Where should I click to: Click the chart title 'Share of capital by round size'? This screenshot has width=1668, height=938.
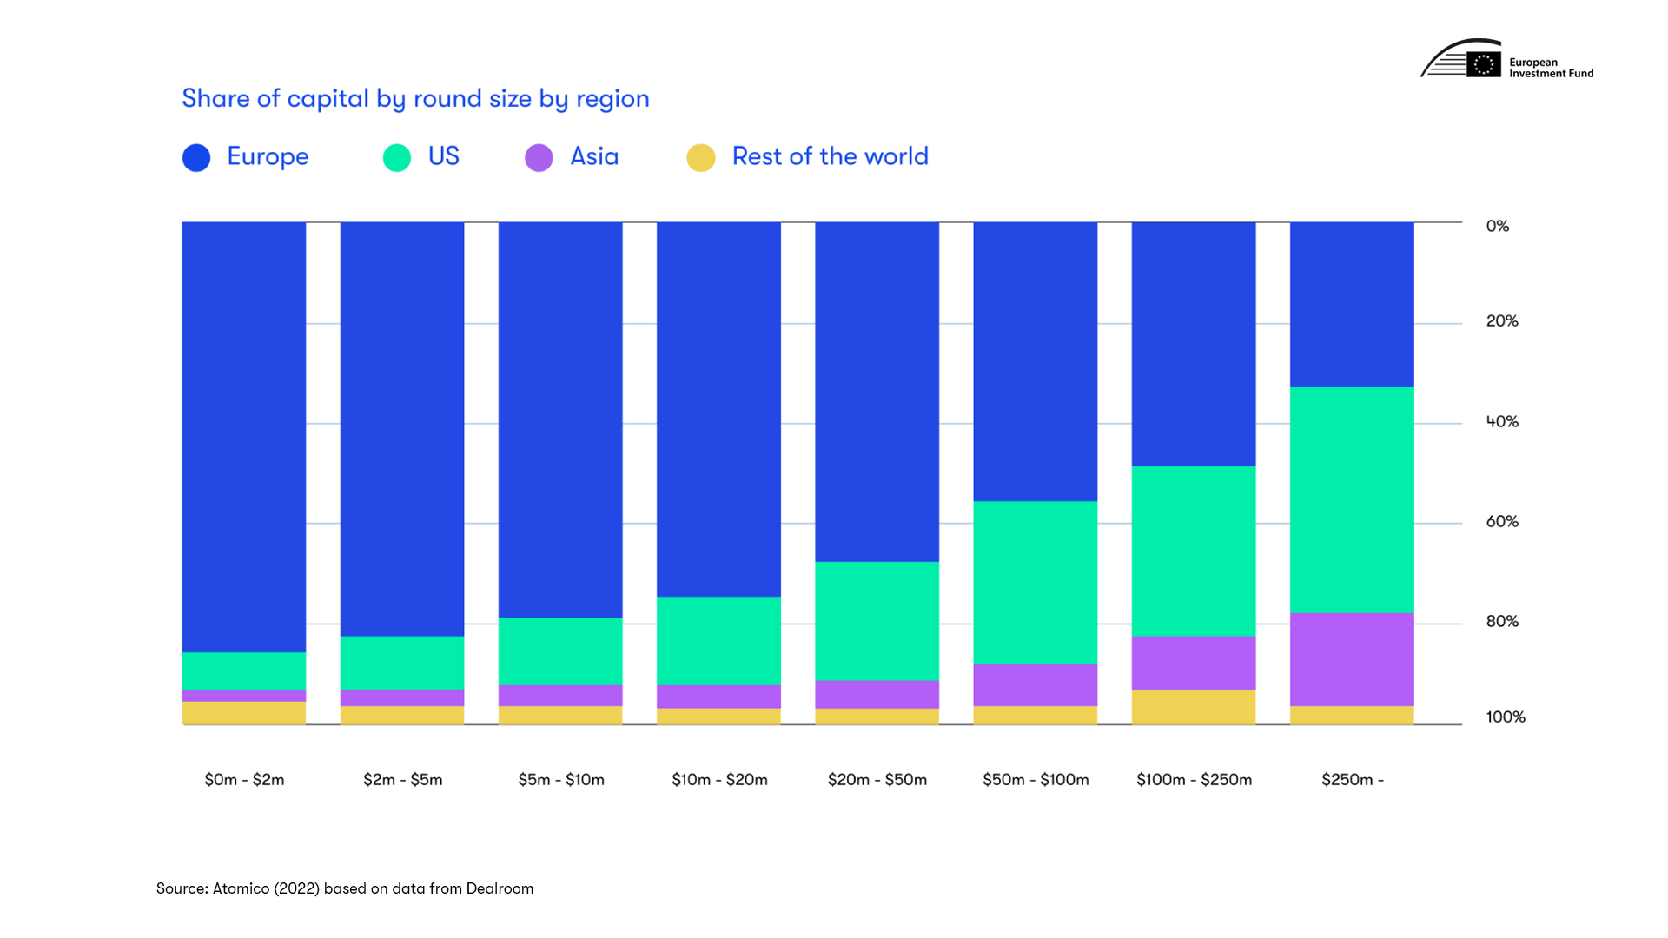click(x=415, y=99)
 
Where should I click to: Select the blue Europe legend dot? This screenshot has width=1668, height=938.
click(x=196, y=157)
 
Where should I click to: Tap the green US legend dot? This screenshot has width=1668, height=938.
click(x=397, y=157)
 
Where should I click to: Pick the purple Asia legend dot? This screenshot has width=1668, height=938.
click(x=539, y=157)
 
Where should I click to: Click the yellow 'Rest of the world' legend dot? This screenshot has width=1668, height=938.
click(x=701, y=157)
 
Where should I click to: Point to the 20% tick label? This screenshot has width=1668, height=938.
click(x=1502, y=321)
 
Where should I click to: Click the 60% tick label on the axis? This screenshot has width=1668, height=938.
click(x=1502, y=522)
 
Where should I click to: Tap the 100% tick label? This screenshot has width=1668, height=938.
click(x=1505, y=717)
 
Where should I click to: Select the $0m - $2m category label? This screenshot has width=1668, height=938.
click(x=244, y=780)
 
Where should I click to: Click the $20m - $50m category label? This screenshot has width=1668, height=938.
click(x=877, y=780)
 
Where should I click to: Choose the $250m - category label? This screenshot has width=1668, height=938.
click(x=1352, y=780)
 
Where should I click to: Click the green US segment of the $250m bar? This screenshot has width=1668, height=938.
click(x=1352, y=499)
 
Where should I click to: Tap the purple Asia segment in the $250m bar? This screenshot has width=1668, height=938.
click(x=1352, y=659)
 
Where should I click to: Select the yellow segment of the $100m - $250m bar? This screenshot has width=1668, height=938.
click(x=1194, y=707)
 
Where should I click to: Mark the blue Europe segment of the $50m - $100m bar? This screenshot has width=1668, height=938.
click(x=1036, y=361)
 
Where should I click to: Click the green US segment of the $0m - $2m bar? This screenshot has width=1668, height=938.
click(x=244, y=671)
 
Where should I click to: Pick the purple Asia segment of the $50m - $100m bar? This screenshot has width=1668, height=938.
click(x=1036, y=685)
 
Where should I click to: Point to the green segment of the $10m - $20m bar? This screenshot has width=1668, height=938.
click(x=718, y=641)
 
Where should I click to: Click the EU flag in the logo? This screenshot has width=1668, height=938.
click(x=1484, y=64)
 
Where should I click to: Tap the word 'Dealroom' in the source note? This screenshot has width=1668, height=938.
click(x=500, y=888)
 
